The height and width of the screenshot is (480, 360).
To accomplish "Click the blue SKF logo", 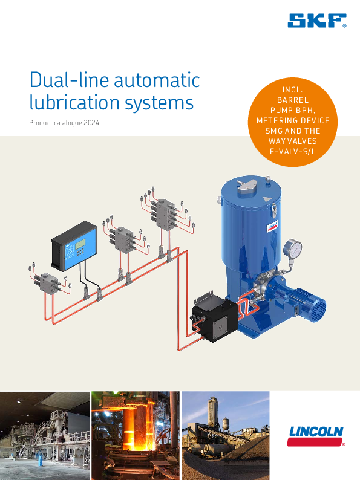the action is (x=317, y=21).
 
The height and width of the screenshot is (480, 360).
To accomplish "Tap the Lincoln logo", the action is (x=316, y=436).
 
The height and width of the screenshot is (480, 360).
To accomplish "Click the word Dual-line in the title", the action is (x=69, y=80).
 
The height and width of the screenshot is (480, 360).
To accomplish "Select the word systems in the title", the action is (x=159, y=103).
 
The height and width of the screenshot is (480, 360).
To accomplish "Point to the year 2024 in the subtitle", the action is (x=91, y=123).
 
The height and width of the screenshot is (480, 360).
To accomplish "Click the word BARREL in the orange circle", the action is (x=293, y=100).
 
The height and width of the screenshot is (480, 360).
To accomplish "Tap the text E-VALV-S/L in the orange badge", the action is (x=293, y=151).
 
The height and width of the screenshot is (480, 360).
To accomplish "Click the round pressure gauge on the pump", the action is (x=292, y=248).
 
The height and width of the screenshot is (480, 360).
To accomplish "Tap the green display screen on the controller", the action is (x=80, y=244).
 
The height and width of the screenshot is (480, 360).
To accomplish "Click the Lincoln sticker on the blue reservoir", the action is (x=272, y=226).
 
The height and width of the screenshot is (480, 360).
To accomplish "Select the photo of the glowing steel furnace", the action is (x=136, y=435).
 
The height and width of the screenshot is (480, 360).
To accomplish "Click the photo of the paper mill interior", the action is (x=45, y=435).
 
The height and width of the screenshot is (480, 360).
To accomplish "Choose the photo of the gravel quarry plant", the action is (x=226, y=435).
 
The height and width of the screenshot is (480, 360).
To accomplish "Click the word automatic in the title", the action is (x=157, y=80).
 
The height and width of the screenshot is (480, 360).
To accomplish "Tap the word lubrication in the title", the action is (x=75, y=102).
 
